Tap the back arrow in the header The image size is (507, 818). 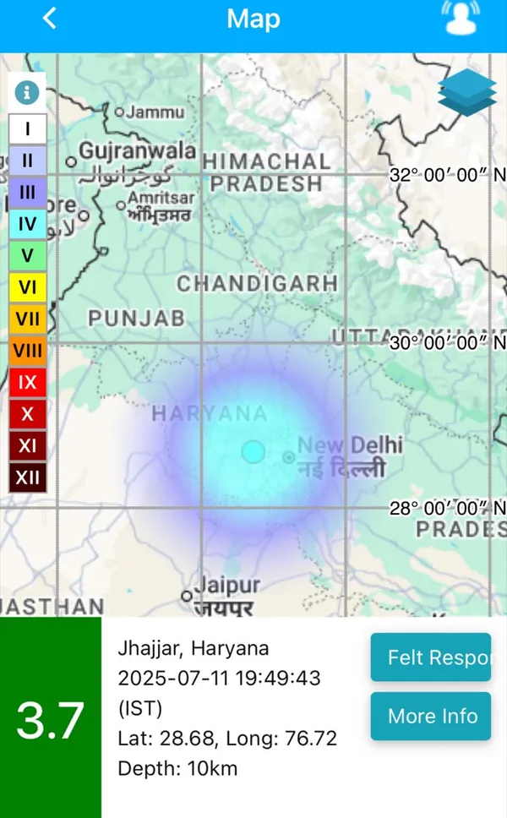pos(50,19)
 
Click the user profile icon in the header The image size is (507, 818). pos(461,18)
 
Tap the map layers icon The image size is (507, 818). pos(467,91)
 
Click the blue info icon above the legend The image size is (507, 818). pos(27,91)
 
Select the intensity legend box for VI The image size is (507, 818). pos(28,287)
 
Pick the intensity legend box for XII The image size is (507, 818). pos(28,477)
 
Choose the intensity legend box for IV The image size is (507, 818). pos(28,224)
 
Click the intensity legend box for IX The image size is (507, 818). pos(28,382)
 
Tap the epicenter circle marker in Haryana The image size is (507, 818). pos(253,452)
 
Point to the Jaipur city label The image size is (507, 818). pos(227,585)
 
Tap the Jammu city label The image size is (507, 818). pos(155,112)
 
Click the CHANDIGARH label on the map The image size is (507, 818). pos(257,283)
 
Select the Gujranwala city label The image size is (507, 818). pos(138,152)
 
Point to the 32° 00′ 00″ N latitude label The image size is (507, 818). pos(447,175)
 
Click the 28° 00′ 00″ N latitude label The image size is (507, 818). pos(447,508)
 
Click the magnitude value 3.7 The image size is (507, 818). pos(51,720)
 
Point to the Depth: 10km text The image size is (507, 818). pos(177,768)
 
